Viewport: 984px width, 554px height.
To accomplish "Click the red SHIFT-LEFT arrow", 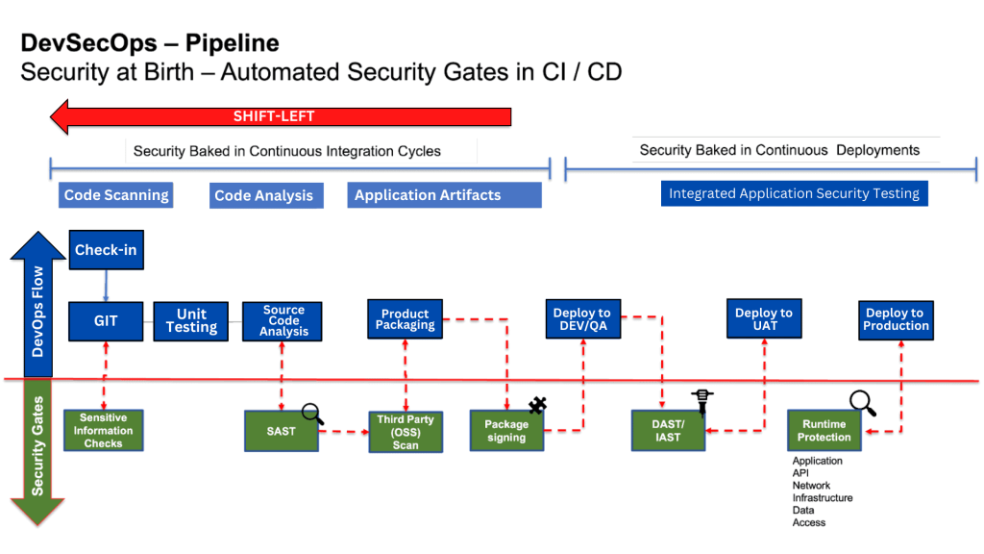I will click(x=279, y=117).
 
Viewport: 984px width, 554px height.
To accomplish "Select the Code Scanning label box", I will click(x=116, y=195).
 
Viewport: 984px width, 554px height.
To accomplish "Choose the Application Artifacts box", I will click(x=444, y=195).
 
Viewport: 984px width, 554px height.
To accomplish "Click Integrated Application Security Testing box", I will click(x=794, y=193).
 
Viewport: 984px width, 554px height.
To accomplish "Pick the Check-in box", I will click(x=106, y=250).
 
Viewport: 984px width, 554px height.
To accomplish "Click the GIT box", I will click(x=106, y=321).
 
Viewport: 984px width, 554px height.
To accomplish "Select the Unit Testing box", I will click(x=191, y=321).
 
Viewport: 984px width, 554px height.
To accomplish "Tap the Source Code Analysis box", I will click(x=283, y=321).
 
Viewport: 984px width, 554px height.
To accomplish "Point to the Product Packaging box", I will click(x=406, y=319).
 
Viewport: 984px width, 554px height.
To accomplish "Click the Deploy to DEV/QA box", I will click(x=581, y=319).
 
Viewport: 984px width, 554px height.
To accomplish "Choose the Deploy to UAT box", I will click(x=763, y=319).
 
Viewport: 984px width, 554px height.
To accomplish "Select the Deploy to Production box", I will click(x=896, y=319).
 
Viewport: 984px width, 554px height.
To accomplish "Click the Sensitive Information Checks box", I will click(x=103, y=431).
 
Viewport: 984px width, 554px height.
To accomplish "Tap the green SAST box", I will click(x=281, y=431).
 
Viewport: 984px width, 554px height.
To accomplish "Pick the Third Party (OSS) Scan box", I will click(x=406, y=432).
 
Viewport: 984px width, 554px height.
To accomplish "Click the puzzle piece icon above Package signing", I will click(x=537, y=406).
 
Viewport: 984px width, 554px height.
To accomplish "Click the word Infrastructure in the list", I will click(x=822, y=498).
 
